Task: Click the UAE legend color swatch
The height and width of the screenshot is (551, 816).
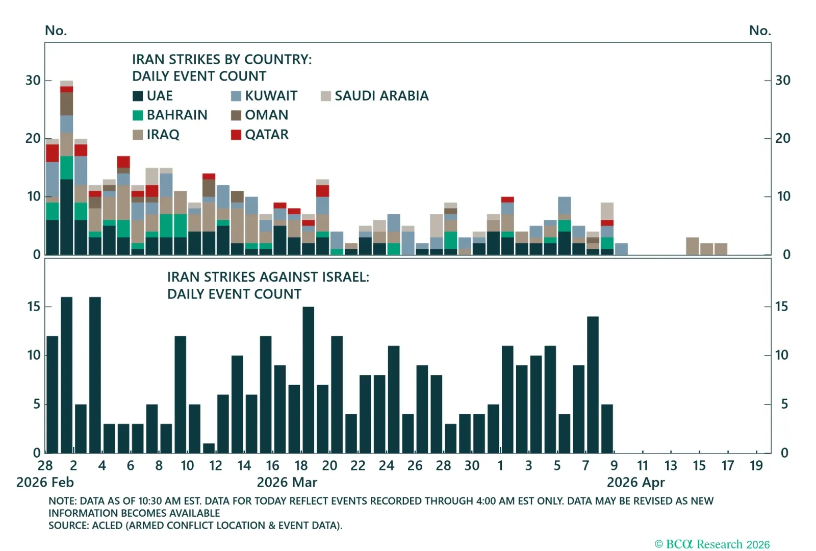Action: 138,96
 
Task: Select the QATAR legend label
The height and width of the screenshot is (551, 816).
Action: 266,135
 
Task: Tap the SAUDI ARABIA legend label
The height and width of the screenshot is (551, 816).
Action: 381,96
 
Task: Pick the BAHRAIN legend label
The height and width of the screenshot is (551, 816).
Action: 177,115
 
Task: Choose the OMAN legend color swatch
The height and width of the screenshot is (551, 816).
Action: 236,115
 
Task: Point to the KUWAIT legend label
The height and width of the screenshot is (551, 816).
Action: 271,96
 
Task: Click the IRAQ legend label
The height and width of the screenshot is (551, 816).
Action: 163,135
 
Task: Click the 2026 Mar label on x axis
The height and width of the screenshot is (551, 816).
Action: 287,483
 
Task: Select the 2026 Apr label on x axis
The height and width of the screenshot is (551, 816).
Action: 635,483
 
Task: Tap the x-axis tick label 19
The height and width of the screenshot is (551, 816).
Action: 756,466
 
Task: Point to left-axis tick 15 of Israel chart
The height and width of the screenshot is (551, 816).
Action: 34,307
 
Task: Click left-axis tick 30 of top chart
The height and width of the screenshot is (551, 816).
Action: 33,81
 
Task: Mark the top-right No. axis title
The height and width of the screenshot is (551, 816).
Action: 759,31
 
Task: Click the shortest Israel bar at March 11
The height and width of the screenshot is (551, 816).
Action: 209,448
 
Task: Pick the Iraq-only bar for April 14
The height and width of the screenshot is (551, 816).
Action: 692,246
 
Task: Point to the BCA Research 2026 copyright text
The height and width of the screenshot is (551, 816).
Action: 712,544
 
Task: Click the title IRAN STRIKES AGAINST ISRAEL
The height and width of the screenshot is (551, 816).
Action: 268,277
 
